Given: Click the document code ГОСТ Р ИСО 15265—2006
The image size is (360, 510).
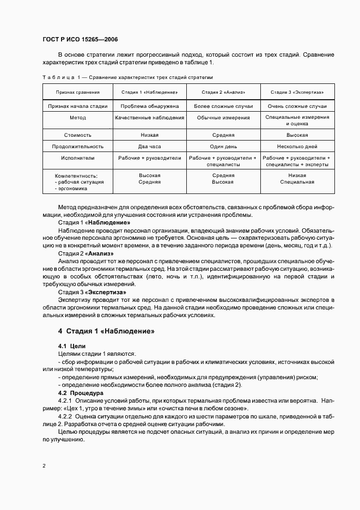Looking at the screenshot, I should click(x=80, y=40).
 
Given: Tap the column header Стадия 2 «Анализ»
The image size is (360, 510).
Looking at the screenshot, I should click(x=223, y=92).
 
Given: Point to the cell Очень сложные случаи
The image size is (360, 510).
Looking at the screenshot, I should click(x=297, y=106).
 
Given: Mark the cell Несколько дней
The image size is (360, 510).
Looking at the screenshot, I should click(x=297, y=147).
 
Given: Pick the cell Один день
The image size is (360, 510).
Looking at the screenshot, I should click(x=223, y=147).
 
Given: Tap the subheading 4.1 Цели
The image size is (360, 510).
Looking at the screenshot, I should click(x=72, y=346).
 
